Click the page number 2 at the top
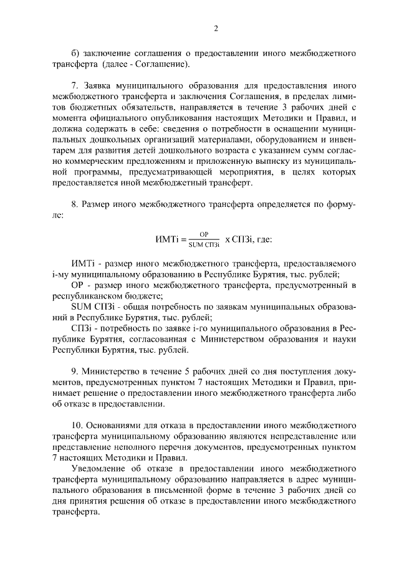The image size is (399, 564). (x=215, y=28)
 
